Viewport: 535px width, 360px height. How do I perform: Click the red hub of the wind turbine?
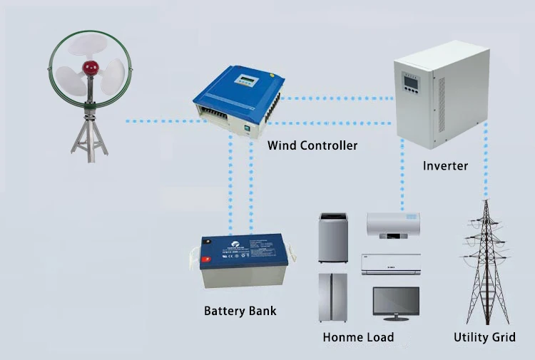[90, 68]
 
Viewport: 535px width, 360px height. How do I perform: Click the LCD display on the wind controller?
[247, 78]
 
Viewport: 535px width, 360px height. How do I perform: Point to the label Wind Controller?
[312, 145]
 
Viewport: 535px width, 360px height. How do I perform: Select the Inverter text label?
[445, 166]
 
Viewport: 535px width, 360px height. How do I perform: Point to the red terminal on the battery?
[206, 259]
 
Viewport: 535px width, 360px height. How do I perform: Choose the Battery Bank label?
[240, 311]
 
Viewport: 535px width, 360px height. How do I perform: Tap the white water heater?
[393, 227]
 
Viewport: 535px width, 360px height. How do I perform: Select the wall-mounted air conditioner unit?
[393, 263]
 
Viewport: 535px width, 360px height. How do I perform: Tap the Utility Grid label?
[484, 336]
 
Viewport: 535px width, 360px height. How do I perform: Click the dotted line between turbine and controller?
[157, 121]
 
